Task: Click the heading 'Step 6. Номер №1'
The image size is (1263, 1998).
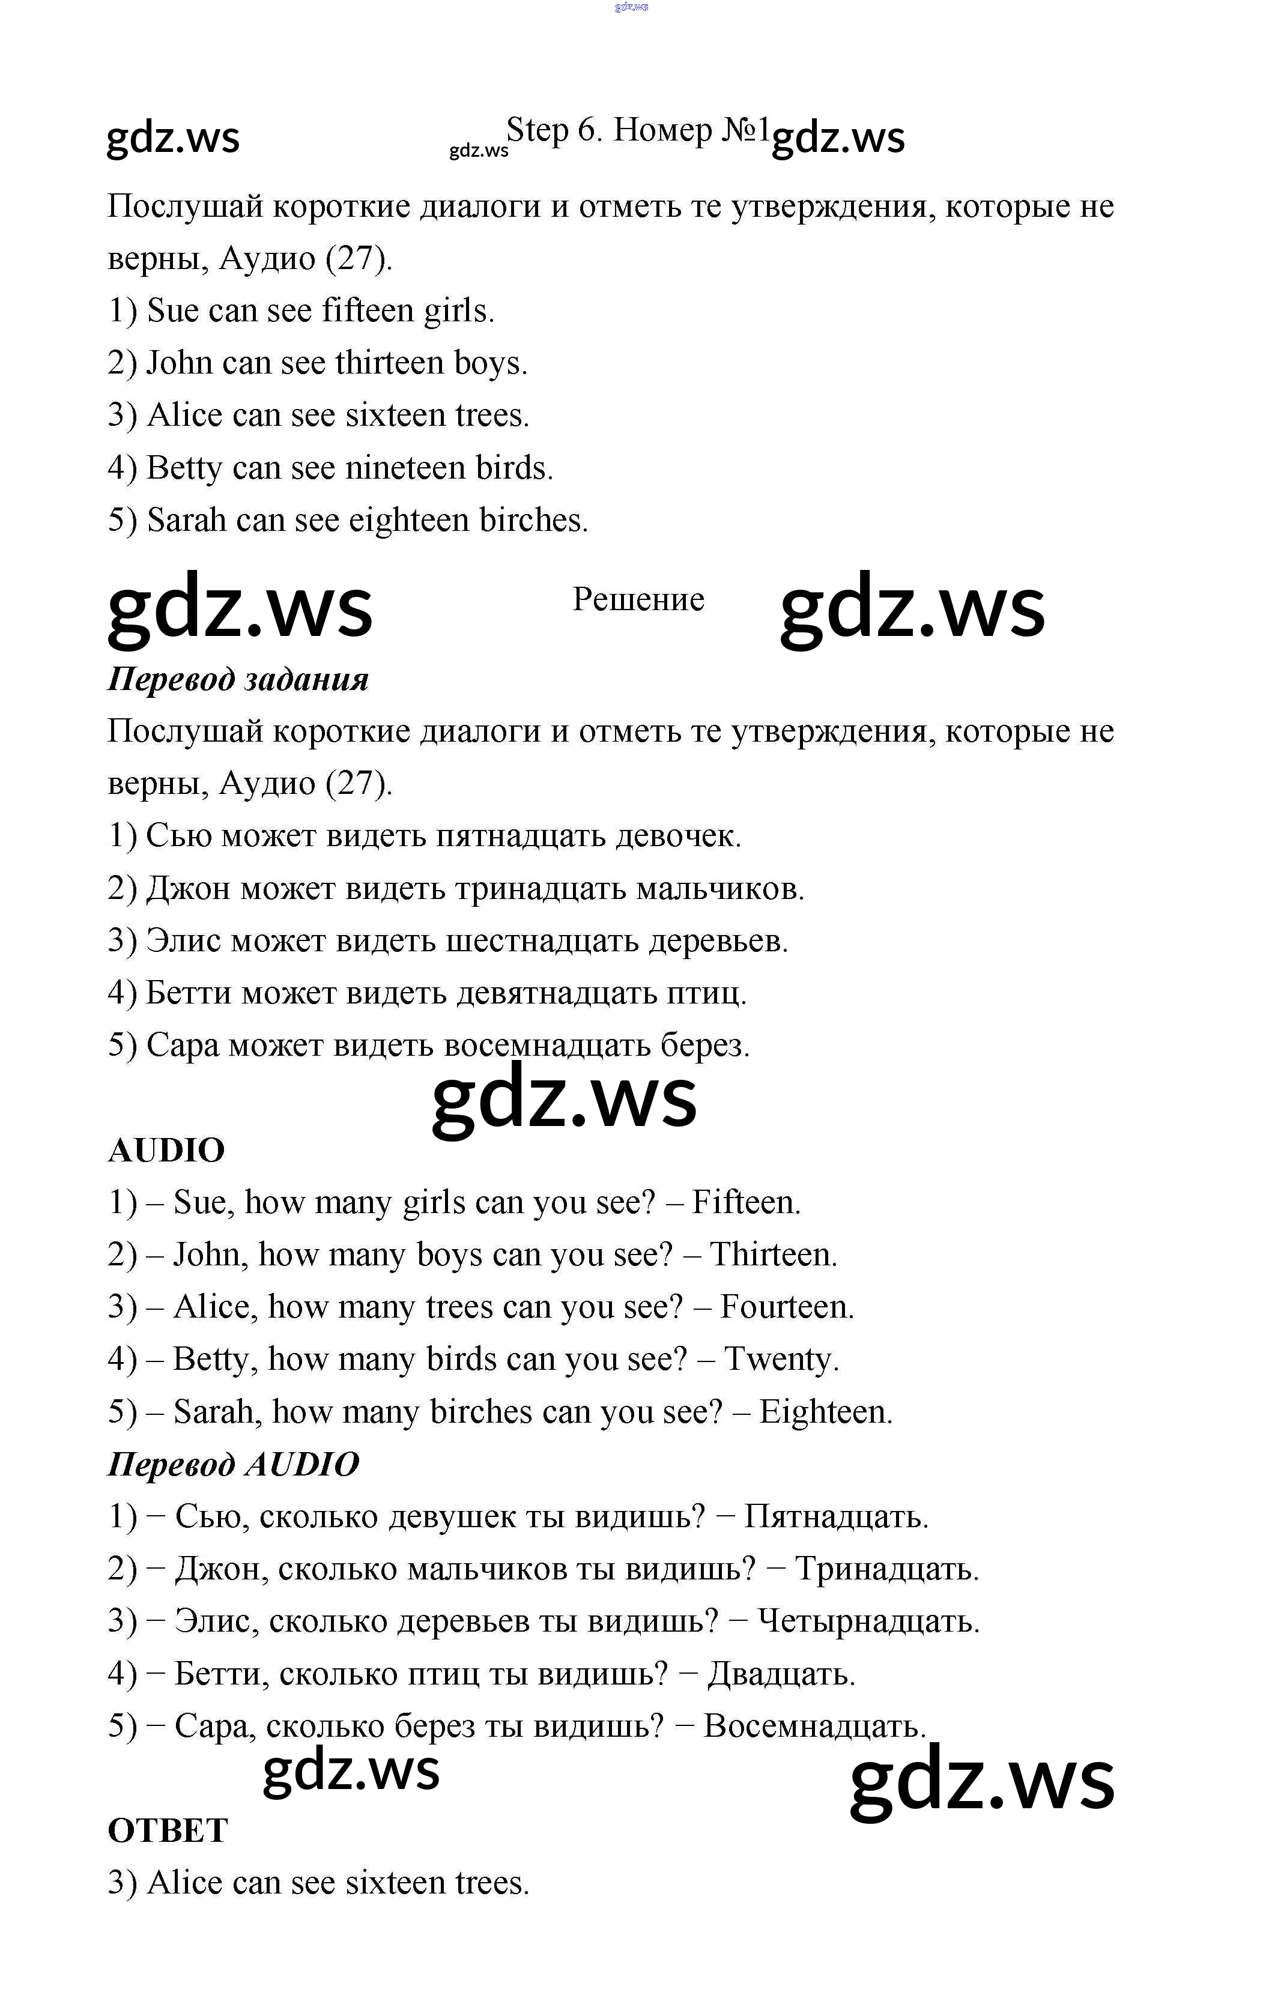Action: pyautogui.click(x=637, y=131)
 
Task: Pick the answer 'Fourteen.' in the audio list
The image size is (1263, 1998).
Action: pyautogui.click(x=787, y=1307)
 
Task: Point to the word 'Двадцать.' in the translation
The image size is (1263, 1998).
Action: pyautogui.click(x=781, y=1674)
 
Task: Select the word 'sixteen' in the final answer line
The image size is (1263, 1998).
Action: pyautogui.click(x=395, y=1883)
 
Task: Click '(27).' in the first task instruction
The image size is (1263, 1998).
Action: pyautogui.click(x=359, y=259)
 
